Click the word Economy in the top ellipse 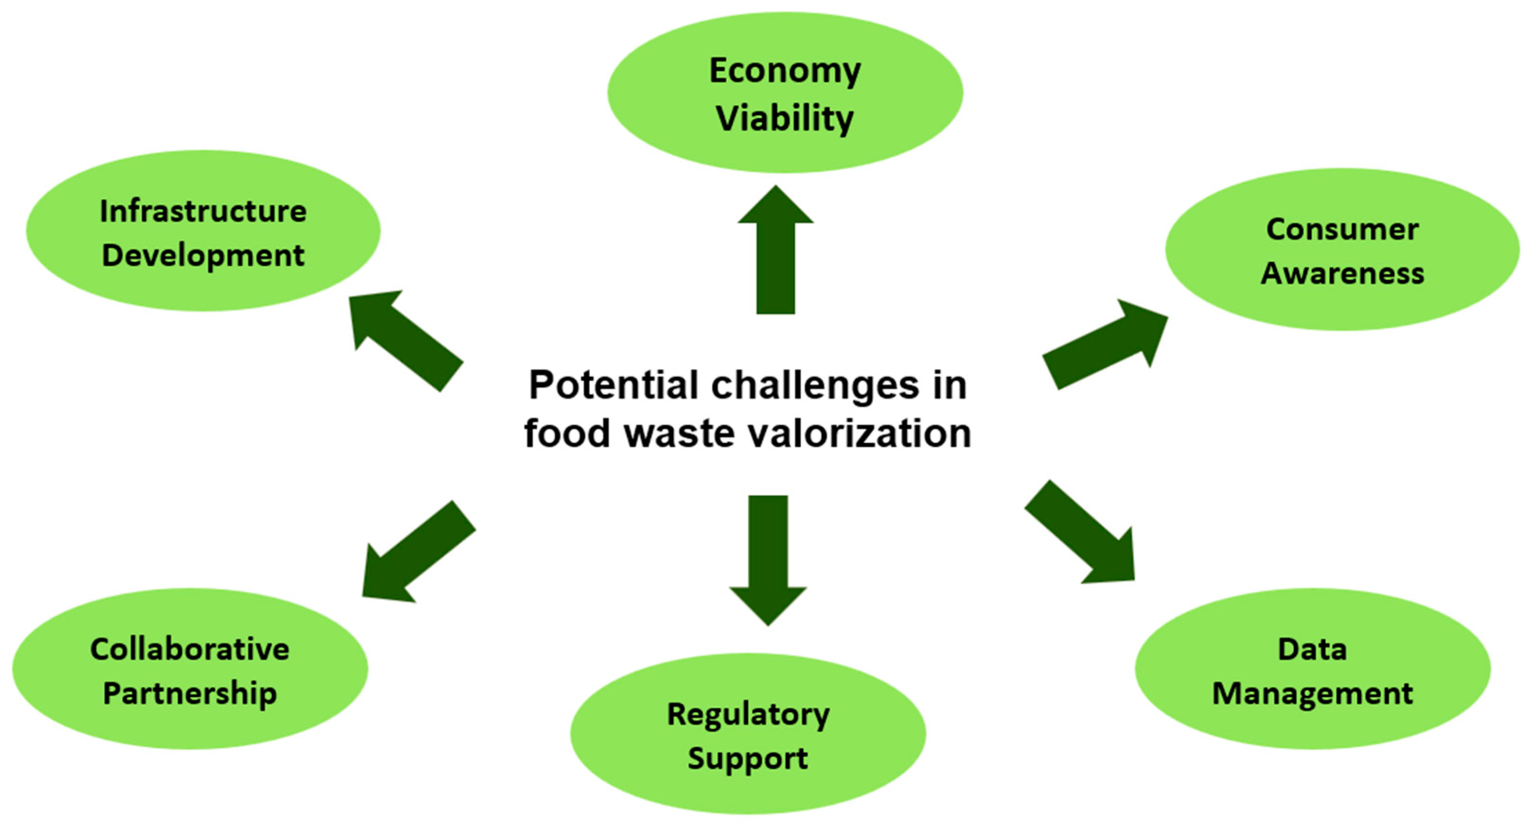click(x=784, y=71)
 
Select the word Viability click(x=784, y=118)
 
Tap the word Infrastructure click(x=203, y=211)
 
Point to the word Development click(x=203, y=256)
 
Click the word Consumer click(x=1342, y=229)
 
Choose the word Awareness click(x=1342, y=273)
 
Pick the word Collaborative click(x=190, y=649)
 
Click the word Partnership click(x=190, y=693)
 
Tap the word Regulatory click(x=748, y=714)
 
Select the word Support click(x=748, y=758)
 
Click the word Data click(x=1312, y=649)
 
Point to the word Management click(x=1312, y=693)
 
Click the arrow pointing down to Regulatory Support click(x=768, y=559)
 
